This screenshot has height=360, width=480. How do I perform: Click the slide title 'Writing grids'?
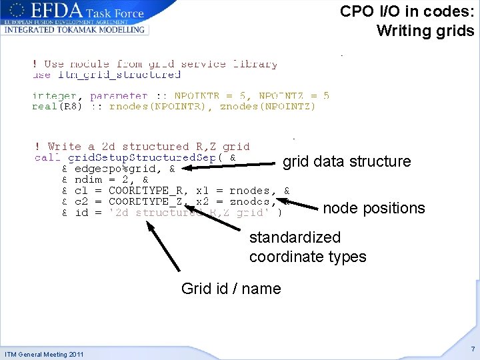(x=425, y=31)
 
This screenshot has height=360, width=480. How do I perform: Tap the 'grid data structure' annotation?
(x=347, y=161)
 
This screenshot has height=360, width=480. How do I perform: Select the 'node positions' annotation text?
(x=373, y=208)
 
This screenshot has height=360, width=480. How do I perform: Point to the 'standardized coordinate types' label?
(x=307, y=247)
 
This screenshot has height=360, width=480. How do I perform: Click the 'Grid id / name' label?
(x=231, y=289)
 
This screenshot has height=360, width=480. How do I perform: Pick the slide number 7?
(x=472, y=349)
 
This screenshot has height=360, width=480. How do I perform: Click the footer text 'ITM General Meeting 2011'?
(x=44, y=354)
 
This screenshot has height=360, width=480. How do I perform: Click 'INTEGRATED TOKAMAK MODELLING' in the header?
(x=74, y=30)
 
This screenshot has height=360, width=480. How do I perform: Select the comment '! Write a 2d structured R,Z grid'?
(x=141, y=147)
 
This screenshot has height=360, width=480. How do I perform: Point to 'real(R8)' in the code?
(x=57, y=106)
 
